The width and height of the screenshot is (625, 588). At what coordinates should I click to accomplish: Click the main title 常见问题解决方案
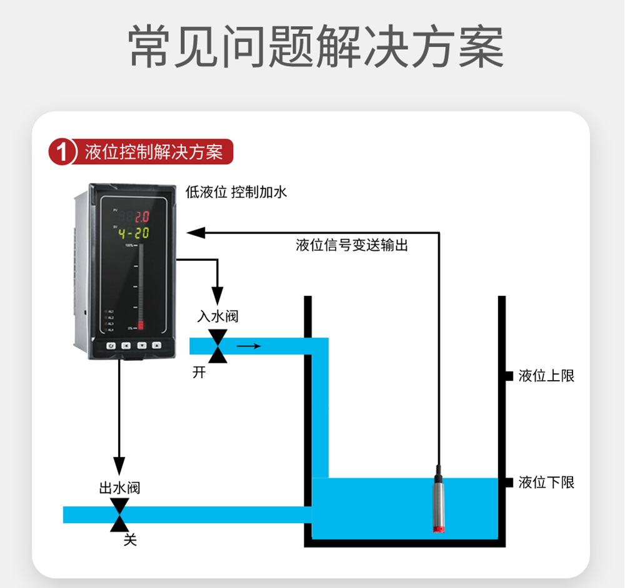(316, 47)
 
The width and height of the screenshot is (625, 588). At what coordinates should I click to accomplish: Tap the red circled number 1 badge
(62, 152)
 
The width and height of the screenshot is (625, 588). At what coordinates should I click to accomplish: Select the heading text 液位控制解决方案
(154, 152)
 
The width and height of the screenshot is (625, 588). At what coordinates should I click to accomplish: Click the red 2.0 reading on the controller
(142, 217)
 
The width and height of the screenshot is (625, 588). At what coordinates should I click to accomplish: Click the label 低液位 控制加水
(236, 192)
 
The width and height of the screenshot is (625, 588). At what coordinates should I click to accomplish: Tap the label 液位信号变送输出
(352, 245)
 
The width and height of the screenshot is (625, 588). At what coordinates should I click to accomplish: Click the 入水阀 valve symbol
(217, 346)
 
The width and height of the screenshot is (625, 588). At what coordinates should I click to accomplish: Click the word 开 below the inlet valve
(199, 373)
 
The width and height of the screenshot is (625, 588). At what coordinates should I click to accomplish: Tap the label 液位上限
(546, 376)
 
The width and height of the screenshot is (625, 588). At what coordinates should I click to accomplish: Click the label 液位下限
(546, 482)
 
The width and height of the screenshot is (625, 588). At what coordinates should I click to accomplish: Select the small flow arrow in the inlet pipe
(248, 346)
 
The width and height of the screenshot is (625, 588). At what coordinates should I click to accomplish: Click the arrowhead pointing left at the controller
(196, 233)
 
